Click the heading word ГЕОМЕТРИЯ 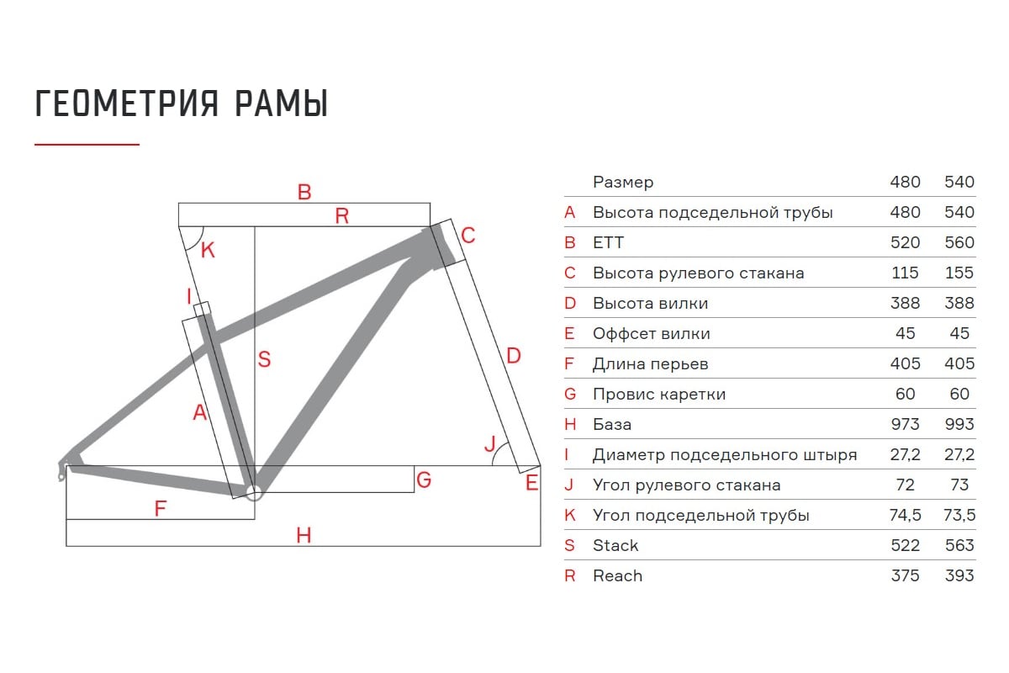tap(127, 103)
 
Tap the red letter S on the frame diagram tap(264, 359)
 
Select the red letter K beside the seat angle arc tap(208, 250)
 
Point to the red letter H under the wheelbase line tap(304, 535)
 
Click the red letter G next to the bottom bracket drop tap(424, 480)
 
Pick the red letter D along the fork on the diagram tap(514, 356)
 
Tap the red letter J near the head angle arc tap(489, 444)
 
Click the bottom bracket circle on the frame tap(254, 493)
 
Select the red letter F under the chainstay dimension tap(161, 508)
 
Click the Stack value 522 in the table tap(906, 545)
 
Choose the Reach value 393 tap(959, 575)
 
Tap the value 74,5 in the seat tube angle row tap(906, 515)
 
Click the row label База tap(612, 424)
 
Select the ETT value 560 tap(959, 242)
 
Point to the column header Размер tap(623, 182)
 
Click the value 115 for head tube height tap(906, 273)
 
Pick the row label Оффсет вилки tap(652, 334)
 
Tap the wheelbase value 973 tap(906, 424)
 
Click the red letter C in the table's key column tap(570, 273)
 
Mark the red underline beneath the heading tap(87, 144)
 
